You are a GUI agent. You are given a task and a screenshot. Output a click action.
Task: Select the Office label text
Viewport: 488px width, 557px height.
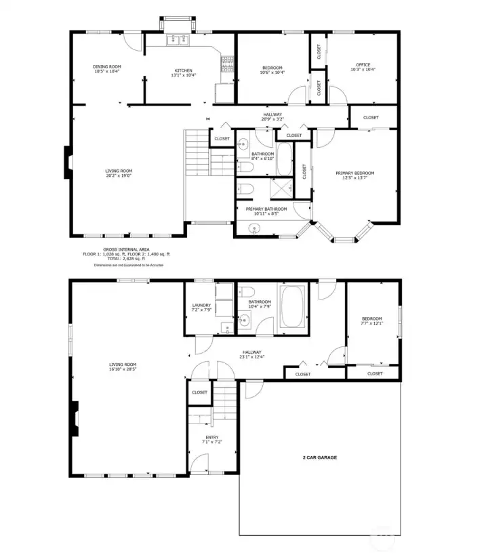tap(363, 66)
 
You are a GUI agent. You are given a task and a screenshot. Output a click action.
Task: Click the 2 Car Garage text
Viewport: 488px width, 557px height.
tap(319, 457)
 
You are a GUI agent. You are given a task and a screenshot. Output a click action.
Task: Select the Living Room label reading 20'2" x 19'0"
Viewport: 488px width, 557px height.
tap(118, 173)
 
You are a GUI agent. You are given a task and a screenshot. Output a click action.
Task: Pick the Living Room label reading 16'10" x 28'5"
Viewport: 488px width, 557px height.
tap(123, 367)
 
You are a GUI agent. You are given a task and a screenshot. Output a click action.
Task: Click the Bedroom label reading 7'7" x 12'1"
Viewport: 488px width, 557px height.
tap(371, 321)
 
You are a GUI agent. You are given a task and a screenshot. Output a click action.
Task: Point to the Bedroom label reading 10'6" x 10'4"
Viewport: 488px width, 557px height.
tap(272, 70)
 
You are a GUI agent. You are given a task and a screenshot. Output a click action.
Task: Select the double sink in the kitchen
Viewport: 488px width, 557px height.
tap(180, 40)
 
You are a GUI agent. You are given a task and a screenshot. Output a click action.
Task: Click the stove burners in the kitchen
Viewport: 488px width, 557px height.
tap(227, 66)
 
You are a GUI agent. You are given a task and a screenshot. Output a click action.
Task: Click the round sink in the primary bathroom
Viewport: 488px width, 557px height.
tap(255, 228)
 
